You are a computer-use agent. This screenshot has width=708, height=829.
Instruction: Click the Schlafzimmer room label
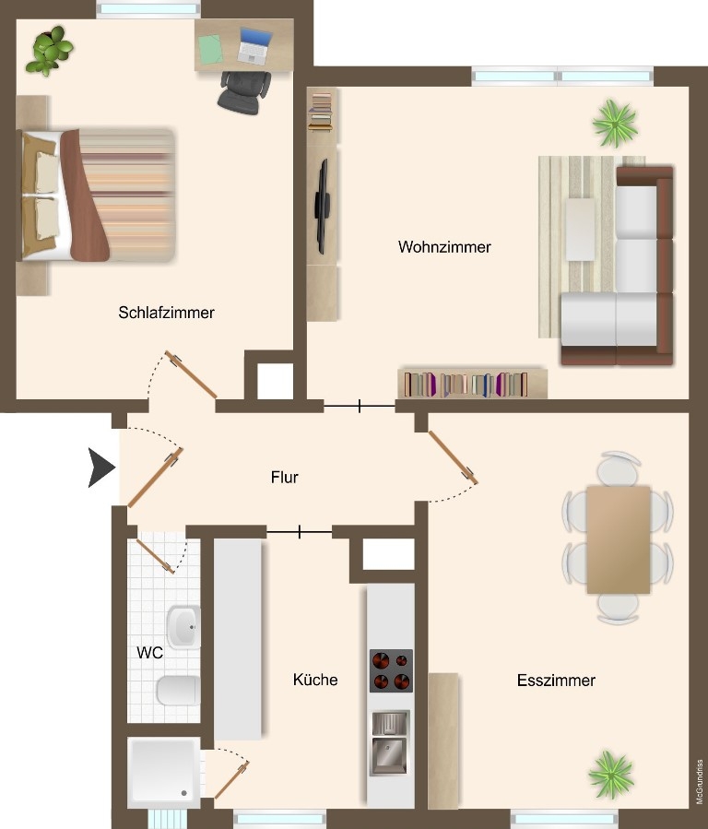pos(167,313)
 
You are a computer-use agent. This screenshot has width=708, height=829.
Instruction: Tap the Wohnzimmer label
pos(445,247)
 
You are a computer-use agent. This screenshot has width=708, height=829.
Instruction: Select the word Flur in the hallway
pos(284,478)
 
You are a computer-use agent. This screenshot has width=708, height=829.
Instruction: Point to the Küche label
pos(315,680)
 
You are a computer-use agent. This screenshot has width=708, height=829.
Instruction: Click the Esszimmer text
pos(557,681)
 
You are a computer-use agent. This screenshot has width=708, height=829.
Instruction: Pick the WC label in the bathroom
pos(150,653)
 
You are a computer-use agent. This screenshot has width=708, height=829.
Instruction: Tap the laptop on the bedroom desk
pos(254,45)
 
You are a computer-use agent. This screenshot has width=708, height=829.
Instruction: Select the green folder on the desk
pos(211,49)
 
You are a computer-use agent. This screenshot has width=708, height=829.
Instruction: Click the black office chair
pos(243,92)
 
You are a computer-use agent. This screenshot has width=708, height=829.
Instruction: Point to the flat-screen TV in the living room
pos(322,207)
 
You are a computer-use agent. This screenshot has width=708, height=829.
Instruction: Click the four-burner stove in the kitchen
pos(391,670)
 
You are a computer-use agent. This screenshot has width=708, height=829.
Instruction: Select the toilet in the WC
pos(178,691)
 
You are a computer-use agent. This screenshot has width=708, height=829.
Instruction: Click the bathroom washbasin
pos(183,628)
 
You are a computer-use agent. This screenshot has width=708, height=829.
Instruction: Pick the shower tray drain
pos(183,793)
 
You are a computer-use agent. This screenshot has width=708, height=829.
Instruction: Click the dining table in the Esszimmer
pos(619,539)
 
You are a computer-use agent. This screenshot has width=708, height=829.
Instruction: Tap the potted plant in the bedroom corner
pos(50,50)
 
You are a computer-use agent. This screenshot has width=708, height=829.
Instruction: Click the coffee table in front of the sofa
pos(580,229)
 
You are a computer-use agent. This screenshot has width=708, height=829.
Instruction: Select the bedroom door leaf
pos(191,374)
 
